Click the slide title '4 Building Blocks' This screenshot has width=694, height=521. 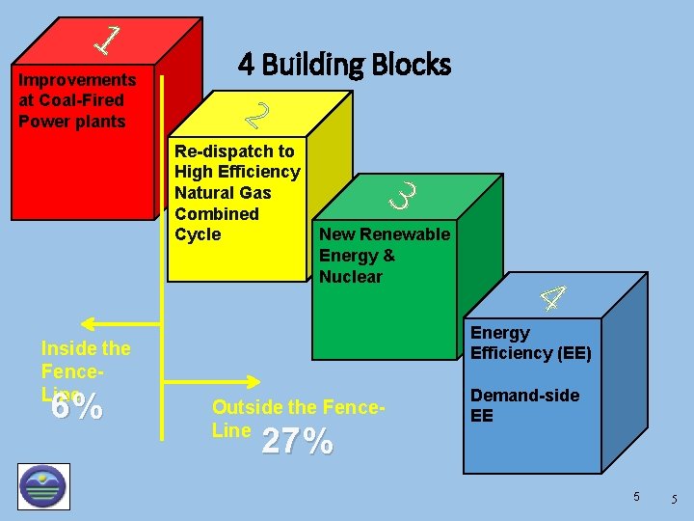tap(344, 65)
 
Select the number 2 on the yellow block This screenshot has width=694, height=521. tap(256, 115)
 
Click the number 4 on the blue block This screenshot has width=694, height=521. tap(551, 298)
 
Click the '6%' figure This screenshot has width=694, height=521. tap(77, 407)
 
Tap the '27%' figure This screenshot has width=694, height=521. tap(298, 441)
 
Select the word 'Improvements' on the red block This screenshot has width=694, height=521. tap(77, 79)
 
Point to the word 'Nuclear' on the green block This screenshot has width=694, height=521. tap(351, 277)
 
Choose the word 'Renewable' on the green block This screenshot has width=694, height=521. tap(404, 234)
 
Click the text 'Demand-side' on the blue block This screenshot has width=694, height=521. tap(524, 396)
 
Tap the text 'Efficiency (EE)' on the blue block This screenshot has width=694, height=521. tap(530, 353)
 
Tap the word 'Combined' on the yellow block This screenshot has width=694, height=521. tap(217, 214)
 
